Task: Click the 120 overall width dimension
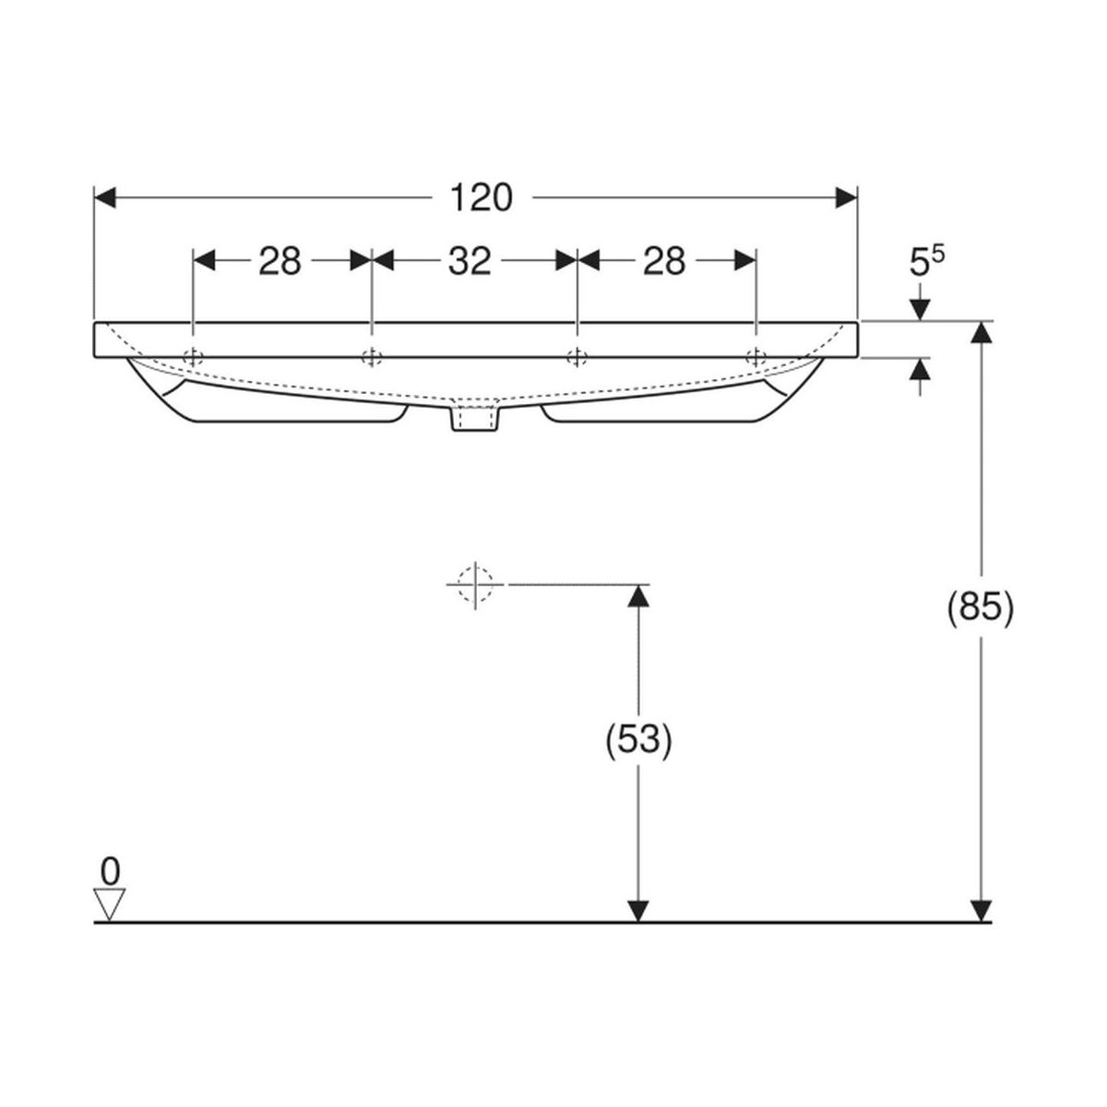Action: pyautogui.click(x=480, y=197)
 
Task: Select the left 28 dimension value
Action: pyautogui.click(x=280, y=262)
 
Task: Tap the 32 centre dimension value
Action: pyautogui.click(x=470, y=262)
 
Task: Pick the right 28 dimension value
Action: pyautogui.click(x=664, y=262)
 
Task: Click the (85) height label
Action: pyautogui.click(x=982, y=608)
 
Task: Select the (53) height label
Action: pyautogui.click(x=637, y=739)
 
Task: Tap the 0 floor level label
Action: pyautogui.click(x=110, y=869)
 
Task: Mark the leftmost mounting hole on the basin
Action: pyautogui.click(x=193, y=357)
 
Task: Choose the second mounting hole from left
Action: pyautogui.click(x=371, y=357)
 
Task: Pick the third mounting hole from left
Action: pyautogui.click(x=577, y=357)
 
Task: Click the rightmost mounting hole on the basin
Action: pyautogui.click(x=756, y=357)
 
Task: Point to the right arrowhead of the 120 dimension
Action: pyautogui.click(x=847, y=197)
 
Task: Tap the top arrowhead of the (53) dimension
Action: pyautogui.click(x=637, y=595)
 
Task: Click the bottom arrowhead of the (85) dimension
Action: pyautogui.click(x=983, y=911)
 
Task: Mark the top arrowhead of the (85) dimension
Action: pyautogui.click(x=983, y=332)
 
